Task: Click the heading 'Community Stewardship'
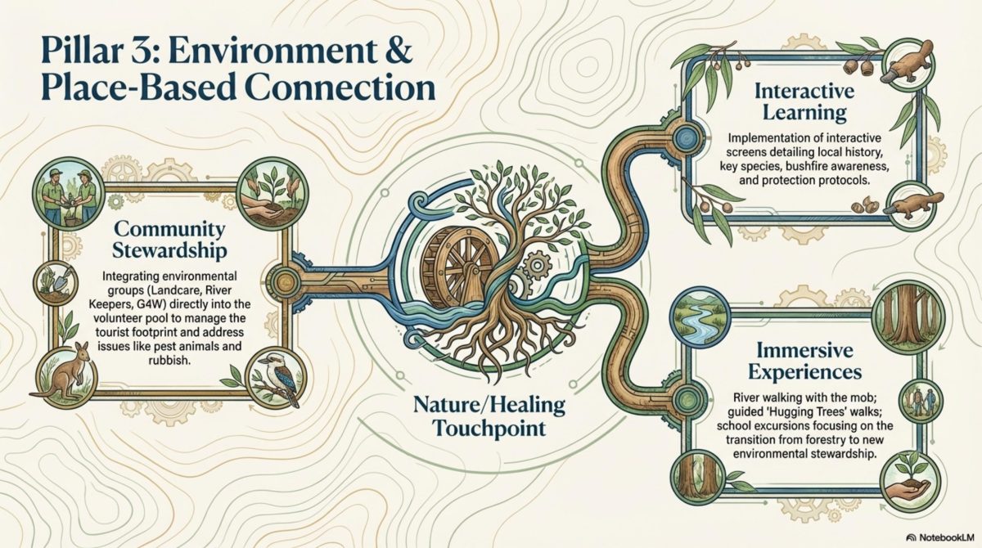pos(169,240)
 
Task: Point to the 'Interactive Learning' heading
pos(804,102)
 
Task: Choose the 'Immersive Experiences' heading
pos(805,362)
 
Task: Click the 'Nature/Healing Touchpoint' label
pos(489,416)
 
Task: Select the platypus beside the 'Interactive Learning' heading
pos(908,62)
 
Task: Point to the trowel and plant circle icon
pos(56,284)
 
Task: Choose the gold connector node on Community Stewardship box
pos(282,281)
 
